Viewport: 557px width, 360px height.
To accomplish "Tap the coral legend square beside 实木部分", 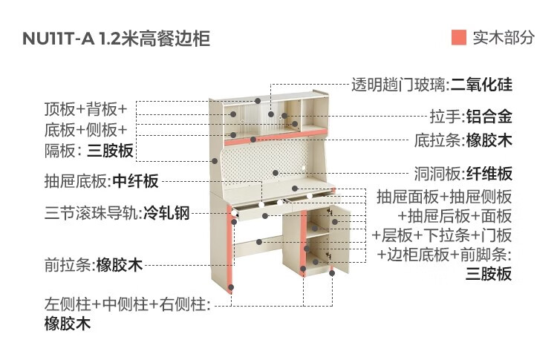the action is pos(458,38).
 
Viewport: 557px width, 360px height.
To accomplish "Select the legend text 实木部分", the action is pos(503,38).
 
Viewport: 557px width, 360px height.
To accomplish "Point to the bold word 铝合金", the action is pos(489,117).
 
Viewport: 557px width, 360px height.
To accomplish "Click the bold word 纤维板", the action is pos(489,174).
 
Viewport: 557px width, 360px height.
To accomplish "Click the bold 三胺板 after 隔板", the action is pos(110,151).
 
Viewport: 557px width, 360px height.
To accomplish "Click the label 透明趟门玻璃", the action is pos(400,84).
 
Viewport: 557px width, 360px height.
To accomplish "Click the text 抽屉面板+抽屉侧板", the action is pos(444,197).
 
